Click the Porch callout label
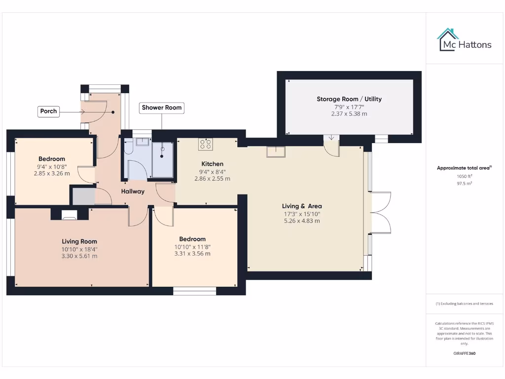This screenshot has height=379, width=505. point(48,111)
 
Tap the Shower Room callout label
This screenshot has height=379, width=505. point(162,108)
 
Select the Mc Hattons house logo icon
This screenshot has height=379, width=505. point(448,39)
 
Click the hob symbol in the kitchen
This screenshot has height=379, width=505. point(206,144)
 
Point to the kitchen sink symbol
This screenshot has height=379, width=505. point(276,152)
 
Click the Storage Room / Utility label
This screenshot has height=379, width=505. point(349,99)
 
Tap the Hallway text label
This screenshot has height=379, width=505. point(133,191)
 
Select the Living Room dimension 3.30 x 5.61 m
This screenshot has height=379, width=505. point(79,256)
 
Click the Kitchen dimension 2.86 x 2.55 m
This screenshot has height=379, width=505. point(212,179)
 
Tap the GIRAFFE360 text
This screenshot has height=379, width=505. point(464,353)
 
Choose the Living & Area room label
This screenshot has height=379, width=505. point(302,206)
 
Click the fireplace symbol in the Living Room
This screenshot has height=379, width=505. point(70,214)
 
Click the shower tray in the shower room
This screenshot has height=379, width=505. point(162,160)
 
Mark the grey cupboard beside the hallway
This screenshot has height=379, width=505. point(83,196)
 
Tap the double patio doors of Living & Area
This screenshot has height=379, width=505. point(380,212)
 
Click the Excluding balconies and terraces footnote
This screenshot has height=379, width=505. point(464,303)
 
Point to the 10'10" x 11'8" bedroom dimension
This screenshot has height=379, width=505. point(192,247)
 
